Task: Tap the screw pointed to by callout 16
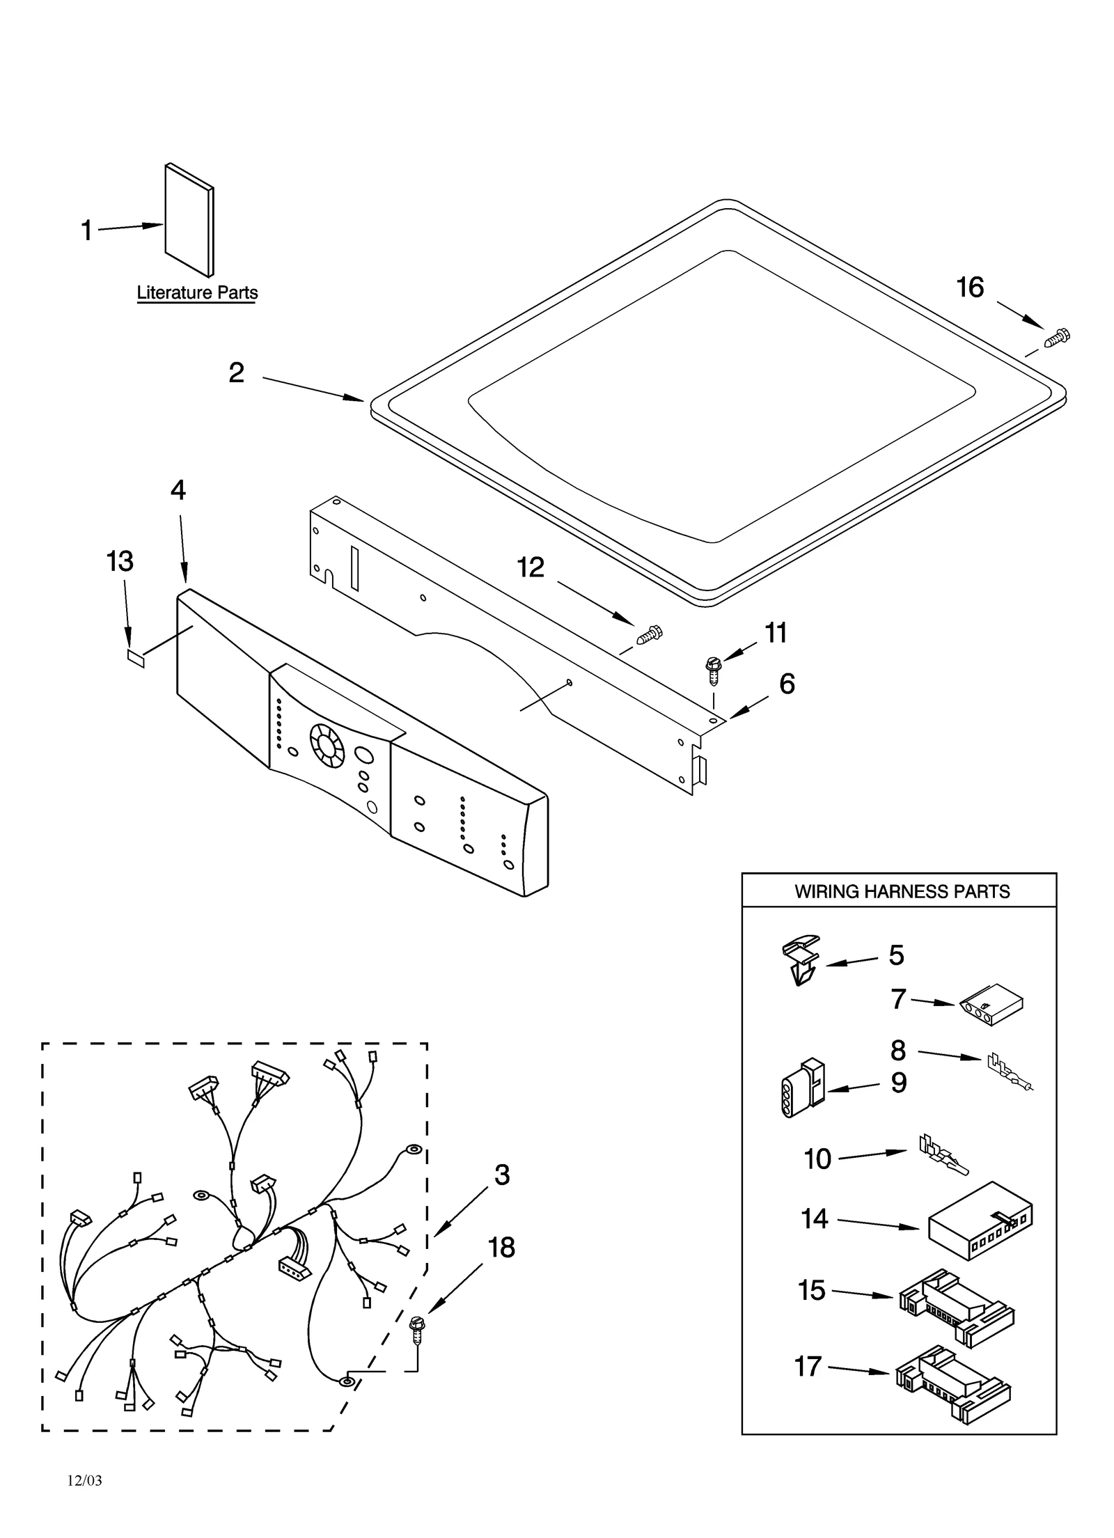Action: click(1057, 338)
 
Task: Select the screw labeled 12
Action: click(649, 634)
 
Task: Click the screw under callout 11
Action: click(712, 670)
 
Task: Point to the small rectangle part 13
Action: click(136, 658)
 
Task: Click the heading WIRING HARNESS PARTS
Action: click(902, 891)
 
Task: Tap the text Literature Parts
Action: click(197, 292)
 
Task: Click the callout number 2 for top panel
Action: click(237, 373)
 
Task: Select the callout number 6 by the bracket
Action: click(787, 684)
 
